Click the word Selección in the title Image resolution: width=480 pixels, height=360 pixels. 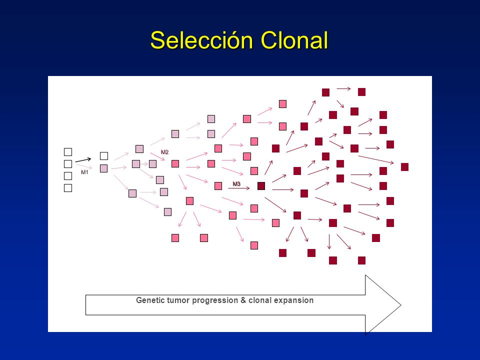pos(193,40)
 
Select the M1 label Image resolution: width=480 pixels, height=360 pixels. pos(84,172)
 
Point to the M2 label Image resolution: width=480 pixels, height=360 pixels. pos(164,152)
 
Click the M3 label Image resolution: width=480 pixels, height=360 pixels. pos(236,184)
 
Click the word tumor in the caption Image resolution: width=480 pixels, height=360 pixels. pos(176,300)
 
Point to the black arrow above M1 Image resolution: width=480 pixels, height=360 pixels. pos(83,160)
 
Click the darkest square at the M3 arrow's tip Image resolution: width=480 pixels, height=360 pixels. pos(261,186)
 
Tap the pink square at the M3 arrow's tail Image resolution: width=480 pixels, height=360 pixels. pos(218,186)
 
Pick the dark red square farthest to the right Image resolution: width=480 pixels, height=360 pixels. pos(404,167)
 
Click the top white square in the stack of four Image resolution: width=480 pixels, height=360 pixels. pos(68,152)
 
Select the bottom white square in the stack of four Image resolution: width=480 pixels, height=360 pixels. pos(68,188)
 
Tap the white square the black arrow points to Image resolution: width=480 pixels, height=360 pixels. pos(103,156)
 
